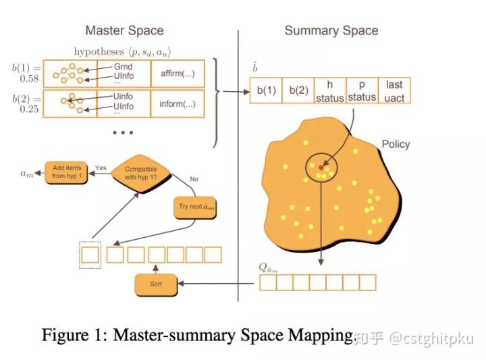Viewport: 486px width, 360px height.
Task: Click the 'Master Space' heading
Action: [124, 30]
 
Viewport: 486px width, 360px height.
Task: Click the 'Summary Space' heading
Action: [331, 30]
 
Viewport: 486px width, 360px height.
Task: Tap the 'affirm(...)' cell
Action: [177, 72]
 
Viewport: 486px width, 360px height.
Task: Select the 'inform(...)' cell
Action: [177, 104]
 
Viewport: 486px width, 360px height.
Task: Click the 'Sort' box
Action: [156, 284]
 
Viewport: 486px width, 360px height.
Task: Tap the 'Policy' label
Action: [396, 144]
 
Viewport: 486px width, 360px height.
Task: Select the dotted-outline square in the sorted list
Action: [90, 254]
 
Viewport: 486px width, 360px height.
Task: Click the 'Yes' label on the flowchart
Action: [101, 167]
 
